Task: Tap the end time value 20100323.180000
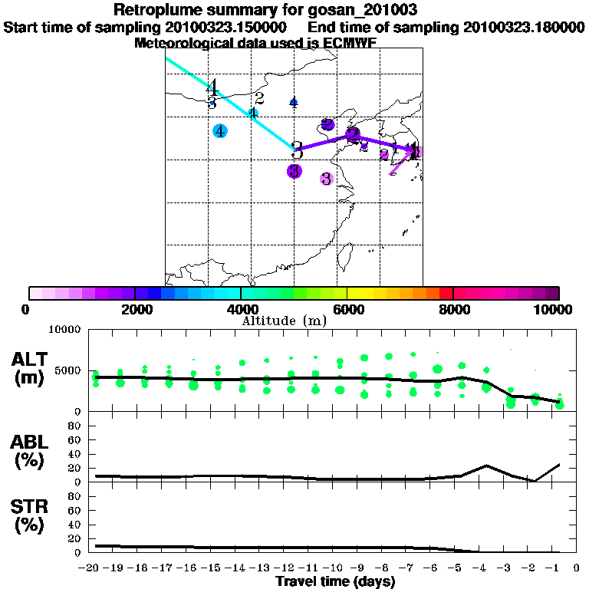pos(524,27)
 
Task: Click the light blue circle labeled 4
pos(220,131)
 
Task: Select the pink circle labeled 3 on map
pos(326,179)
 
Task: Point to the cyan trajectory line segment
pos(230,99)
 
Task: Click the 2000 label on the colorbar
pos(135,309)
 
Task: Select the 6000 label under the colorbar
pos(347,309)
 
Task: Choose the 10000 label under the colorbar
pos(554,309)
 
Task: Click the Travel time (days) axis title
pos(335,582)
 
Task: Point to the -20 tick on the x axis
pos(93,568)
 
